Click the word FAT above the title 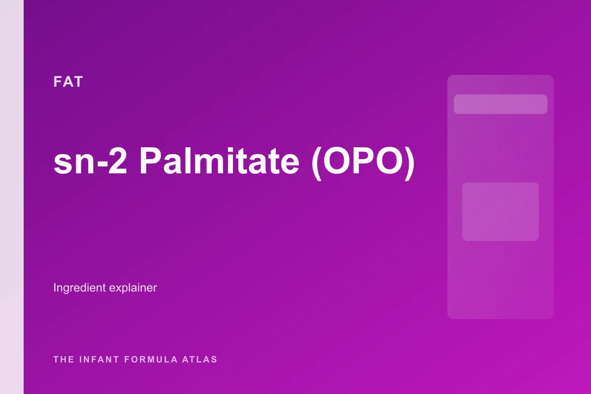[x=68, y=82]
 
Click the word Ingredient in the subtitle [x=78, y=288]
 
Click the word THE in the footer [x=64, y=360]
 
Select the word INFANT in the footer [x=99, y=360]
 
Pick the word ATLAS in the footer [x=200, y=360]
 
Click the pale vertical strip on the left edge [x=12, y=197]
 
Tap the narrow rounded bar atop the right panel [x=500, y=104]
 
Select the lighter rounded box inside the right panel [x=500, y=211]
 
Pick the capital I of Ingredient [x=55, y=288]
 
